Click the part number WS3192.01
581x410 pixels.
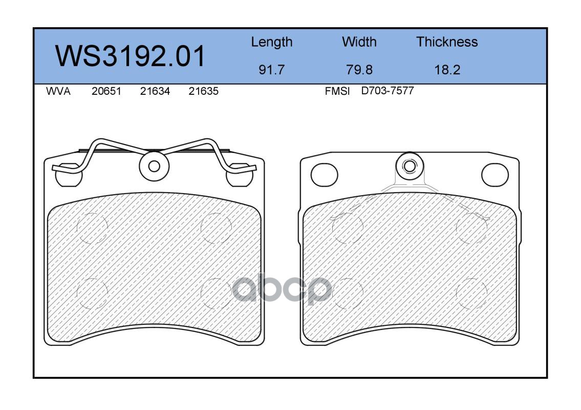[130, 56]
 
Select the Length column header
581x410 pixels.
[272, 43]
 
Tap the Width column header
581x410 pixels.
[359, 42]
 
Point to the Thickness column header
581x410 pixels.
[447, 42]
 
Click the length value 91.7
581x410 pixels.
[272, 70]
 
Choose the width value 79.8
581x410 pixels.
[359, 70]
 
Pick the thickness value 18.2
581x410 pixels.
[447, 70]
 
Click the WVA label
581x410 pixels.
[58, 91]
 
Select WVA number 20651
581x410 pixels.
[106, 91]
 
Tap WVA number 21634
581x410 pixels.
[155, 91]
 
